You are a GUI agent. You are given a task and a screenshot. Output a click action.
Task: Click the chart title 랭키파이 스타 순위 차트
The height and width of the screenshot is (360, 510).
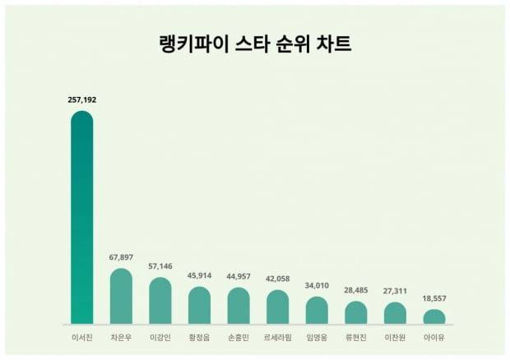click(255, 44)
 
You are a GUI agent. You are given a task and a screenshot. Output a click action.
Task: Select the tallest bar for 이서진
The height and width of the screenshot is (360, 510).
click(82, 218)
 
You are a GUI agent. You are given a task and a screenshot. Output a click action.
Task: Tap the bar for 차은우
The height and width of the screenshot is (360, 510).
click(121, 297)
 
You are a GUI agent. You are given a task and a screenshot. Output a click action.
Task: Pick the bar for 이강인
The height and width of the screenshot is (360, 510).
click(160, 301)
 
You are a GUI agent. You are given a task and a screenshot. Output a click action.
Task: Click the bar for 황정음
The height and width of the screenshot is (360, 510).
click(199, 306)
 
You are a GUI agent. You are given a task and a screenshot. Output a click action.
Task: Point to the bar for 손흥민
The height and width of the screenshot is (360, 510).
click(239, 306)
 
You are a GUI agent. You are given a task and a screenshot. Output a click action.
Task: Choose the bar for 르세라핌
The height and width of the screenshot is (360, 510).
click(278, 307)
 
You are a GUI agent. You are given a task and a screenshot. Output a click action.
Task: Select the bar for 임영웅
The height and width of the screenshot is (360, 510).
click(317, 311)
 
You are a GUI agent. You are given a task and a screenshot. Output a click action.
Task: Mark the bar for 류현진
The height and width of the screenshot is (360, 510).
click(356, 312)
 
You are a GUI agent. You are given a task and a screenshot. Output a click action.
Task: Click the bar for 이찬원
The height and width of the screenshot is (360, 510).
click(395, 313)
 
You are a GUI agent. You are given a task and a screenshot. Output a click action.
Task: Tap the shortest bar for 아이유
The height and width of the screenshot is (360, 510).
click(434, 316)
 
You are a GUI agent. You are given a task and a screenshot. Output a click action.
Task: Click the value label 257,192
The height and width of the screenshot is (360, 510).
click(82, 99)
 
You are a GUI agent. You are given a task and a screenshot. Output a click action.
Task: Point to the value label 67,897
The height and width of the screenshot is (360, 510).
click(121, 257)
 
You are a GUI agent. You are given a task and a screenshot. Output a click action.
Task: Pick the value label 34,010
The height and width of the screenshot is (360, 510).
click(317, 285)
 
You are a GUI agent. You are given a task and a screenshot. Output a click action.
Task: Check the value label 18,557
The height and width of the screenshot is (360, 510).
click(434, 298)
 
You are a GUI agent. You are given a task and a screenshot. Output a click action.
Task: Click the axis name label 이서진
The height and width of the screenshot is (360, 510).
click(82, 337)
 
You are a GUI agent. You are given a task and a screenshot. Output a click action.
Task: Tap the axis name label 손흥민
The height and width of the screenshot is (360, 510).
click(239, 337)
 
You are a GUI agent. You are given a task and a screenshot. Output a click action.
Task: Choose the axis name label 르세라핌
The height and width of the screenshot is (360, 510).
click(278, 337)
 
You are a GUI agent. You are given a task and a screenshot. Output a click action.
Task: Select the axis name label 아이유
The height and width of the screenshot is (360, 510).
click(434, 337)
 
